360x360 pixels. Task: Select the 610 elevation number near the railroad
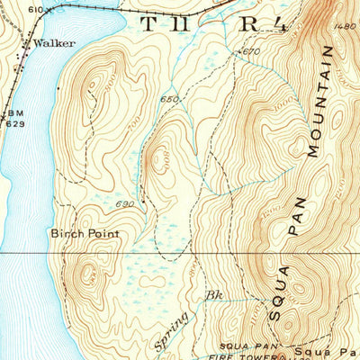34,8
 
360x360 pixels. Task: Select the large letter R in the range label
246,24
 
